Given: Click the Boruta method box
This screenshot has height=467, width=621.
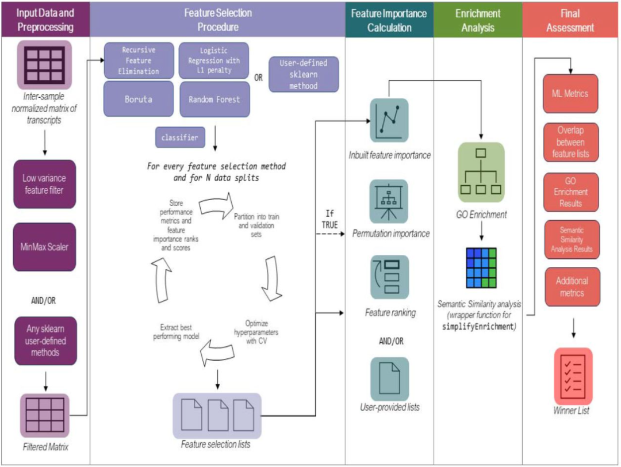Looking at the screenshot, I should tap(138, 99).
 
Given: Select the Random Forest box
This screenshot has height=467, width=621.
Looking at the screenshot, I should tap(214, 99).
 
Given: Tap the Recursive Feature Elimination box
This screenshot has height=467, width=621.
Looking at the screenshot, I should tap(138, 60).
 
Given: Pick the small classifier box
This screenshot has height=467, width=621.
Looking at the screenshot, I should tap(180, 137).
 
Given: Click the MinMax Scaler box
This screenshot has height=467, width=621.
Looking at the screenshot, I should tap(44, 247).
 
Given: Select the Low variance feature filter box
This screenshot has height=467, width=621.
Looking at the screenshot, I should tap(44, 184).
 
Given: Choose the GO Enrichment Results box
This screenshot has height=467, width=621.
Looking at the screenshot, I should tap(570, 192).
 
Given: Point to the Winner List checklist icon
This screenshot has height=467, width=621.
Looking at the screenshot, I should tap(573, 376).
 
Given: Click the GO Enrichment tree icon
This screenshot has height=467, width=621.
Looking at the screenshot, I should tap(480, 171).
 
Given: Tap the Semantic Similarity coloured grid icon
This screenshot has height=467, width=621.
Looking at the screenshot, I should tap(481, 268).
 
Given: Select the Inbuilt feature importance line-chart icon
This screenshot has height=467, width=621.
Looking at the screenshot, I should tap(389, 120).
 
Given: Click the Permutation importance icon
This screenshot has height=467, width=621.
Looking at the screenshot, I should tap(389, 201).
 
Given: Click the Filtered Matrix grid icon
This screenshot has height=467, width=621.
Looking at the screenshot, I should tap(45, 415).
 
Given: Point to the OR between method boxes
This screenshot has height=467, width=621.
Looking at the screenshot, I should tap(258, 77).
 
